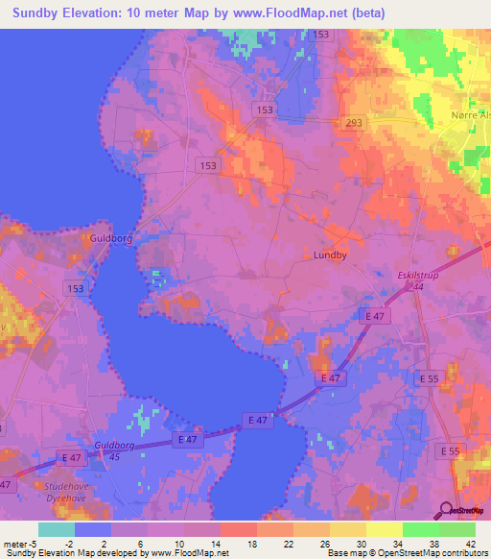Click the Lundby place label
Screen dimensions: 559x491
click(331, 255)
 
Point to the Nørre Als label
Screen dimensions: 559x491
click(469, 115)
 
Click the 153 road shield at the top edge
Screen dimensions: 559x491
click(320, 35)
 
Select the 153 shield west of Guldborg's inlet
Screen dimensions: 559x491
click(77, 287)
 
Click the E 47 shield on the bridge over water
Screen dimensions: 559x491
click(256, 420)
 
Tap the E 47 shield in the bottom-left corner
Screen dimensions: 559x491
click(9, 485)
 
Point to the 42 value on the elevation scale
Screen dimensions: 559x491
click(467, 544)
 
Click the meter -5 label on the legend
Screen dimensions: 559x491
click(20, 544)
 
